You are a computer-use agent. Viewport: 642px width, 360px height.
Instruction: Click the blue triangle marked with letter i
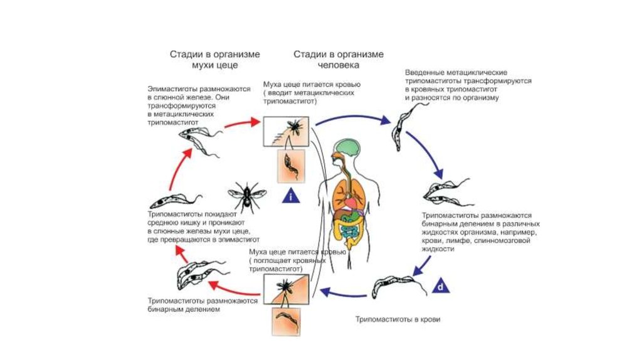coord(289,196)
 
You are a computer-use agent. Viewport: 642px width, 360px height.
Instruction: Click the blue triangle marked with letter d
coord(441,286)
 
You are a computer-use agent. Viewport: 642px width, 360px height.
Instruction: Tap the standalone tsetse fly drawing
coord(246,196)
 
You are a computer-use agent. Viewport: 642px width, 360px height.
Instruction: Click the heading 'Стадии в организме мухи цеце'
coord(214,60)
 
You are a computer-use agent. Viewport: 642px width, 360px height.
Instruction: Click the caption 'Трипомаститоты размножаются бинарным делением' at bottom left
coord(203,305)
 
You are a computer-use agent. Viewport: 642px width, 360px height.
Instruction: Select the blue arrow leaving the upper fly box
coord(351,116)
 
